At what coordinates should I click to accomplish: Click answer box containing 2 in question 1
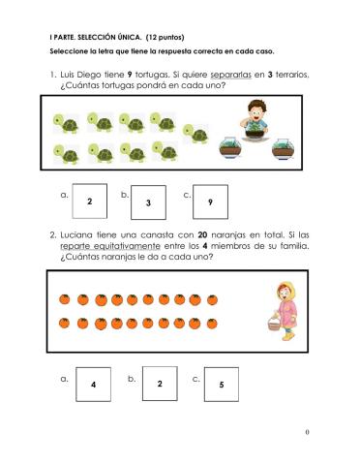[x=89, y=201]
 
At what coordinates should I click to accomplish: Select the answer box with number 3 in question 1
[x=148, y=203]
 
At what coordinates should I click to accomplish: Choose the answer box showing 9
[x=210, y=202]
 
